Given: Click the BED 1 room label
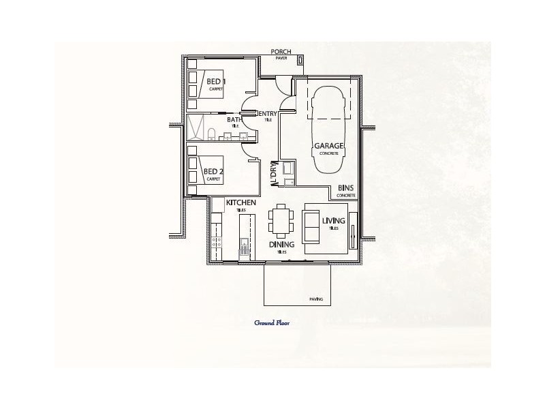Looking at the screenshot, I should [217, 82].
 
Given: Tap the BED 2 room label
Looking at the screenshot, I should [214, 171].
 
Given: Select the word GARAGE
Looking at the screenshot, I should [329, 146].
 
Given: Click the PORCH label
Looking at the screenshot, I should [281, 52].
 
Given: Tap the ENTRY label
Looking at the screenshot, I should [268, 114].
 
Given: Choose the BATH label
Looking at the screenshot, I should [234, 120].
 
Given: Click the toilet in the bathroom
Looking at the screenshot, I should [212, 134].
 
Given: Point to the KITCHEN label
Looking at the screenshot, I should [240, 203].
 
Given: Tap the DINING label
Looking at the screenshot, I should [281, 244].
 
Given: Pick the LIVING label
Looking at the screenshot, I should [334, 221].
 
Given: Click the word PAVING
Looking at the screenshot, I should [316, 299].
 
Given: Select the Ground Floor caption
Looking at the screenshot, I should [272, 323].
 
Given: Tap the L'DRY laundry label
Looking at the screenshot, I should [274, 173].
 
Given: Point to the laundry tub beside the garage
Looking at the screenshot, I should [287, 169].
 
